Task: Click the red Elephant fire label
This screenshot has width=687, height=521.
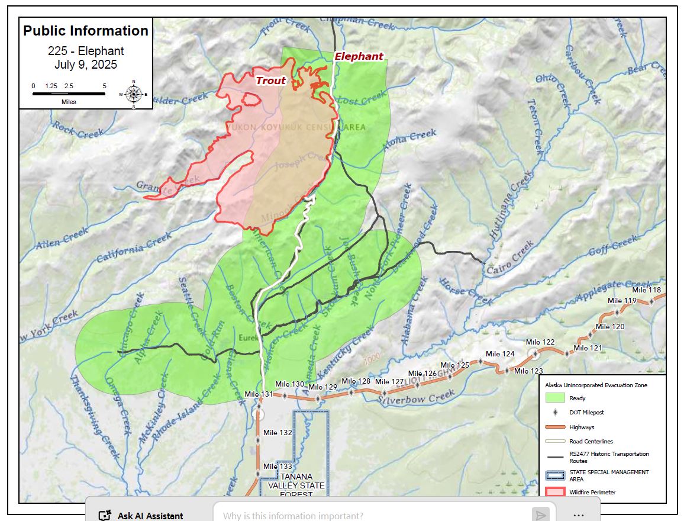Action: click(x=359, y=56)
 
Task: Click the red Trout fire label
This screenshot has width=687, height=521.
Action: click(x=270, y=81)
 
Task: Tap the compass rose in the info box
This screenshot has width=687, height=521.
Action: click(x=134, y=94)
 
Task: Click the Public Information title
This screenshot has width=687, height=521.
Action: click(x=86, y=31)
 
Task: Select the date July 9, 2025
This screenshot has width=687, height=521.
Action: click(x=86, y=65)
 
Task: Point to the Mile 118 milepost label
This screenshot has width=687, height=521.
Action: click(x=646, y=290)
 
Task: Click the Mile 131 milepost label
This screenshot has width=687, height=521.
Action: click(x=259, y=394)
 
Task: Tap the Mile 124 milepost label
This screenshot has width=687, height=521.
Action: click(x=500, y=353)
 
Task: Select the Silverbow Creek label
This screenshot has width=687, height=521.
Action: click(x=417, y=397)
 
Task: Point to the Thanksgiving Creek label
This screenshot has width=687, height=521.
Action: click(x=95, y=417)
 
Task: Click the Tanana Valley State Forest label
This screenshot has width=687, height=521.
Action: click(x=302, y=485)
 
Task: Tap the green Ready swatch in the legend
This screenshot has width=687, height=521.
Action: click(x=554, y=398)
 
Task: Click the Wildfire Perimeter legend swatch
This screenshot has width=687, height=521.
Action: click(x=554, y=492)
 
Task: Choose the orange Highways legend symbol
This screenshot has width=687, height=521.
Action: click(x=554, y=427)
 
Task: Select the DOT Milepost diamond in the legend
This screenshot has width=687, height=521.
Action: click(x=554, y=412)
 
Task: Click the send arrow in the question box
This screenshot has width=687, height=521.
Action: click(x=540, y=514)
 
